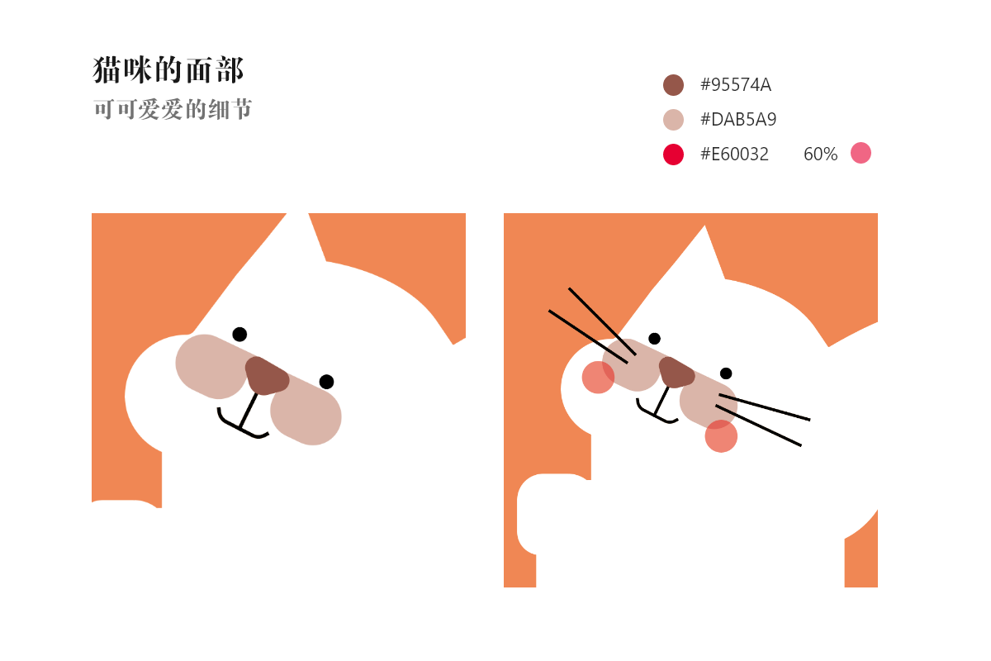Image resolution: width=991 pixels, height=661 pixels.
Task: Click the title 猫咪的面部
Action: tap(168, 70)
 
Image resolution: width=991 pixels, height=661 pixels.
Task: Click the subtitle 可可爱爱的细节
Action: tap(173, 109)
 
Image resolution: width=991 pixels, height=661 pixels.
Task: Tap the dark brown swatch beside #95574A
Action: tap(673, 85)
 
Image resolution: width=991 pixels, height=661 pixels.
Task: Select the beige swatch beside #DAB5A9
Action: tap(673, 120)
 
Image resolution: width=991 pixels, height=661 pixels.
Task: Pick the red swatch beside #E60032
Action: tap(673, 155)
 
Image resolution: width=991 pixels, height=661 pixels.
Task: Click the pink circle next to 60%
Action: tap(861, 153)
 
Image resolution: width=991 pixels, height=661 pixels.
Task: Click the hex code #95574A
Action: tap(735, 85)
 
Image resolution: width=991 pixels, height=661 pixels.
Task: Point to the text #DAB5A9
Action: tap(737, 120)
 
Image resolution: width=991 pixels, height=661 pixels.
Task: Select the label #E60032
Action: tap(734, 155)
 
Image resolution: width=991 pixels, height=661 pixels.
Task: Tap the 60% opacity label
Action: tap(820, 155)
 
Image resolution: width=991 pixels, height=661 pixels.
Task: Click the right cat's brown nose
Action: tap(676, 373)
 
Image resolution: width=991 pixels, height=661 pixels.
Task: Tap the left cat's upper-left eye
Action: tap(239, 334)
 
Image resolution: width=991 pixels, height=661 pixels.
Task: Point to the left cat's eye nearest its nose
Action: tap(326, 381)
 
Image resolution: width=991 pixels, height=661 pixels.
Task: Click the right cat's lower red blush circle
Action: tap(721, 436)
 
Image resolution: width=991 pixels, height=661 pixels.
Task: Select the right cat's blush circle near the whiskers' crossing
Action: tap(598, 378)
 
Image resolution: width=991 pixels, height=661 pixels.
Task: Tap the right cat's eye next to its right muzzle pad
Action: tap(726, 373)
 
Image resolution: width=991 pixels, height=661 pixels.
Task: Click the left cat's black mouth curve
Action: tap(239, 425)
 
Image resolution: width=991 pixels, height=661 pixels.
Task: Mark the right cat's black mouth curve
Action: tap(655, 413)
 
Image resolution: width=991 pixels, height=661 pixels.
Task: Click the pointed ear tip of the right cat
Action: tap(704, 227)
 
